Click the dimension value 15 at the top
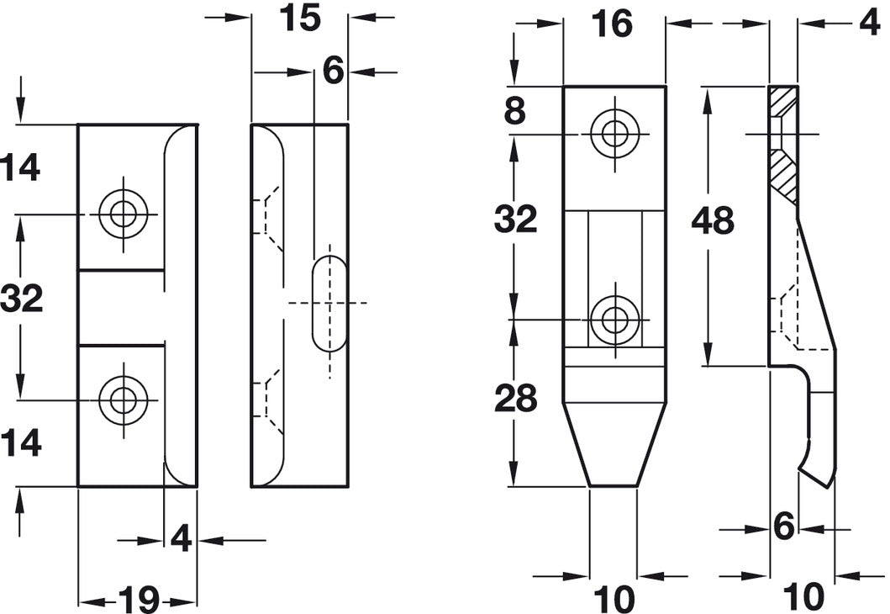[300, 18]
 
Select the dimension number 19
[139, 599]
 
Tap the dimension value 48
[713, 220]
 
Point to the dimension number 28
[515, 398]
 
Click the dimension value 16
[611, 24]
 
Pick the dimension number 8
[515, 111]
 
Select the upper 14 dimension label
[20, 168]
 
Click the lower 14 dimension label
[20, 443]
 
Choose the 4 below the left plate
[181, 539]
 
